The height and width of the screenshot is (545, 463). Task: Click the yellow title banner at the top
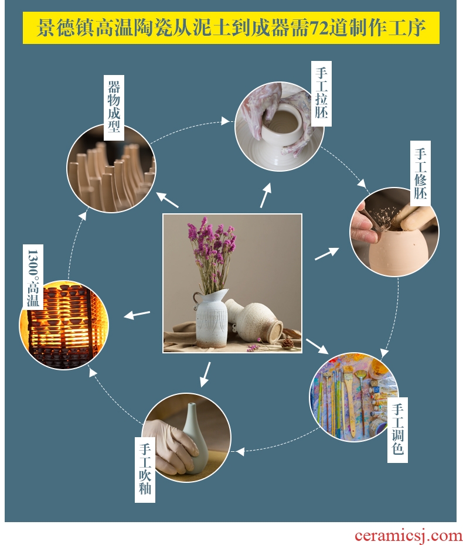tap(231, 28)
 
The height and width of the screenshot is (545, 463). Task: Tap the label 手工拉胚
tap(321, 94)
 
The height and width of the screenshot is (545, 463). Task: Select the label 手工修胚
tap(420, 173)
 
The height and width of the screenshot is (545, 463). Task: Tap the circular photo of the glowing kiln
tap(64, 325)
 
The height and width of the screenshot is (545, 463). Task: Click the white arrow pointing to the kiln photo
tap(137, 315)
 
